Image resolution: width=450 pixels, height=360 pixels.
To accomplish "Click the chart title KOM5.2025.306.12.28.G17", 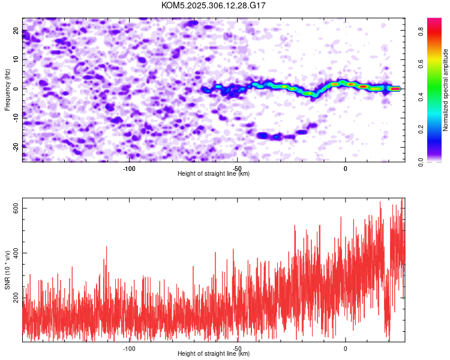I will click(214, 5).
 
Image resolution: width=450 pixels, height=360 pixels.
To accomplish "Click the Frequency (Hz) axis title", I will click(7, 89).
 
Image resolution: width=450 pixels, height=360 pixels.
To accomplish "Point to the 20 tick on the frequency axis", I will click(16, 32).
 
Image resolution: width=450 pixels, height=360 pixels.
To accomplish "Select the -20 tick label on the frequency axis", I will click(15, 146).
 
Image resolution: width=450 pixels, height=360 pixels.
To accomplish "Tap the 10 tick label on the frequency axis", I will click(16, 60).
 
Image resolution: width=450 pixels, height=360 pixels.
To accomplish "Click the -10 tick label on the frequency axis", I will click(15, 118).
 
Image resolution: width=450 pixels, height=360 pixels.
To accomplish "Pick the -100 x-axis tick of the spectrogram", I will click(128, 168).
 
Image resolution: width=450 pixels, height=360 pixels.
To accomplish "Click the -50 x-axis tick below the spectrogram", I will click(237, 168).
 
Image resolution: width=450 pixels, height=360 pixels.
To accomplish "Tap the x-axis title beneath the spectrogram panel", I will click(214, 174).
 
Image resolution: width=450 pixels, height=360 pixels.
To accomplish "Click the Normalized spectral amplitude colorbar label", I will click(445, 89).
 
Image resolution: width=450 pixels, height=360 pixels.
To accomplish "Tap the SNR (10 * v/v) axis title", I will click(7, 270).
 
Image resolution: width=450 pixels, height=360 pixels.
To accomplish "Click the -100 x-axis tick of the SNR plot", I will click(128, 349).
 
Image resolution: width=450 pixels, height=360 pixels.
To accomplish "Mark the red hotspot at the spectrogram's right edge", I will click(395, 88).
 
